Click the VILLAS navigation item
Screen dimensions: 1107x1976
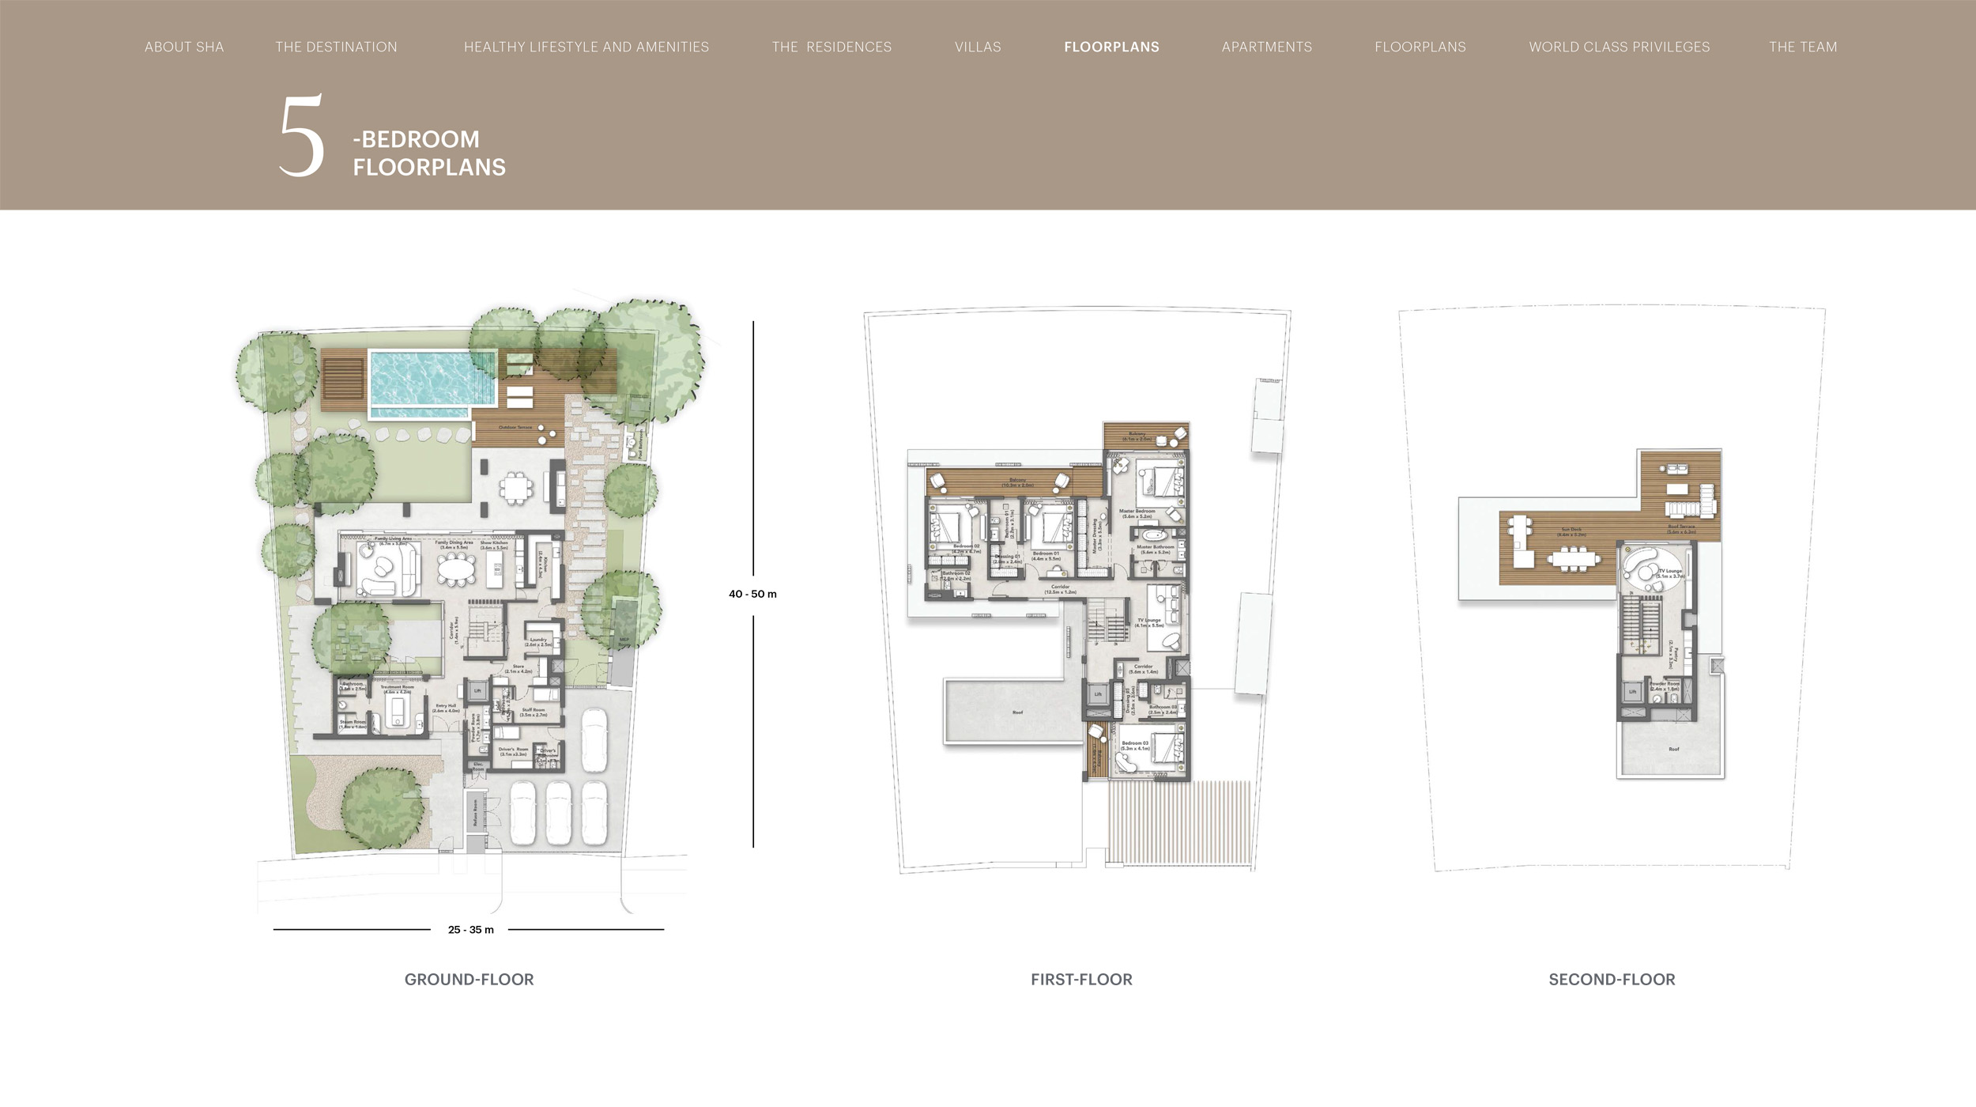pyautogui.click(x=978, y=47)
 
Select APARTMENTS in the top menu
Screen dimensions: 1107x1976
pyautogui.click(x=1266, y=47)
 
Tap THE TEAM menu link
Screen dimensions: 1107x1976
pyautogui.click(x=1803, y=47)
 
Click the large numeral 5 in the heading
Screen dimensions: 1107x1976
pyautogui.click(x=301, y=136)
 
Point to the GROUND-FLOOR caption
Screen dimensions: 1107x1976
pyautogui.click(x=469, y=980)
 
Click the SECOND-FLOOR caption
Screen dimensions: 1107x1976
pyautogui.click(x=1612, y=980)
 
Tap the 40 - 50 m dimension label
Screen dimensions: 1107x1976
pyautogui.click(x=752, y=595)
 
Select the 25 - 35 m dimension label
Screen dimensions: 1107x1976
pyautogui.click(x=470, y=930)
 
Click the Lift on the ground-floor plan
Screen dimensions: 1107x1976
pyautogui.click(x=477, y=691)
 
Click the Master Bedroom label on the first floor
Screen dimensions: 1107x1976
pyautogui.click(x=1137, y=512)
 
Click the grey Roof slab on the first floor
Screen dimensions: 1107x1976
pyautogui.click(x=1016, y=712)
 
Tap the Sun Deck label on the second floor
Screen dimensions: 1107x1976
pyautogui.click(x=1571, y=531)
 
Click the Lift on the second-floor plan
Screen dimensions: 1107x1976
pyautogui.click(x=1633, y=693)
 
